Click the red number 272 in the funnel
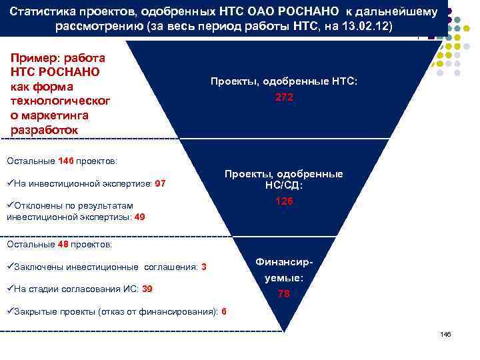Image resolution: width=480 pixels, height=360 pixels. point(284,97)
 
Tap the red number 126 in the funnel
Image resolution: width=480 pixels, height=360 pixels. point(284,201)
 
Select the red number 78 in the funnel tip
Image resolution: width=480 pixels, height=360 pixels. point(284,295)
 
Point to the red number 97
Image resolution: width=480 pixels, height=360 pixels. point(160,183)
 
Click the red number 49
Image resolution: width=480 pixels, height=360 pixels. point(140,217)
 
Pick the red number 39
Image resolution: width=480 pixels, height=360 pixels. point(147,289)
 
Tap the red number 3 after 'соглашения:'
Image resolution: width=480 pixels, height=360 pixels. point(203,267)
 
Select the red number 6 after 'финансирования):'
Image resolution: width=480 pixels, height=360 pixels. point(223,311)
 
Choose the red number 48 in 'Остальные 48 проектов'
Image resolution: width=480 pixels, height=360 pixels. point(63,244)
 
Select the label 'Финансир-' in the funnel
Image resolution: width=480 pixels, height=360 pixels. point(284,263)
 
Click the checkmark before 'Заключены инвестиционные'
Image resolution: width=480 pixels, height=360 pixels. point(9,267)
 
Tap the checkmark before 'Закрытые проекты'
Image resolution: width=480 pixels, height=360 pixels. point(9,311)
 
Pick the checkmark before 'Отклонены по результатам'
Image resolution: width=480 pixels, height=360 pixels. point(9,205)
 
